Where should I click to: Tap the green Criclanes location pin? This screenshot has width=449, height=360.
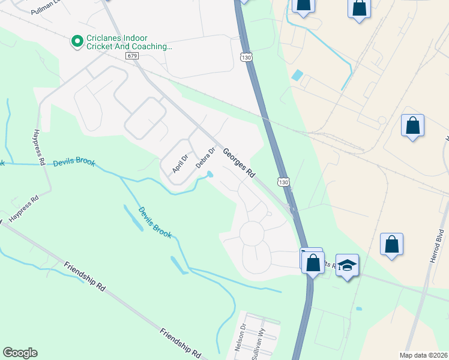(x=77, y=41)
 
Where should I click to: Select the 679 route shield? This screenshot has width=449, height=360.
(x=132, y=56)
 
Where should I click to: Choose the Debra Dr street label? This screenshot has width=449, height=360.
(x=205, y=158)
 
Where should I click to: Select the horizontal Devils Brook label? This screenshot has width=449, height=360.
(x=74, y=163)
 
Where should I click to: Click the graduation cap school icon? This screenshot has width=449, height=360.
(x=347, y=264)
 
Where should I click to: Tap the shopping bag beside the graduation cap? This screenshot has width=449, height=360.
(x=313, y=262)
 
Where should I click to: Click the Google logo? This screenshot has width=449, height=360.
(x=20, y=353)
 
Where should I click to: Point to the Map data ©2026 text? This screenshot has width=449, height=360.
(x=423, y=355)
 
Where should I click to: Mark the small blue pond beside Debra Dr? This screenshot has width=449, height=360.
(x=209, y=175)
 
